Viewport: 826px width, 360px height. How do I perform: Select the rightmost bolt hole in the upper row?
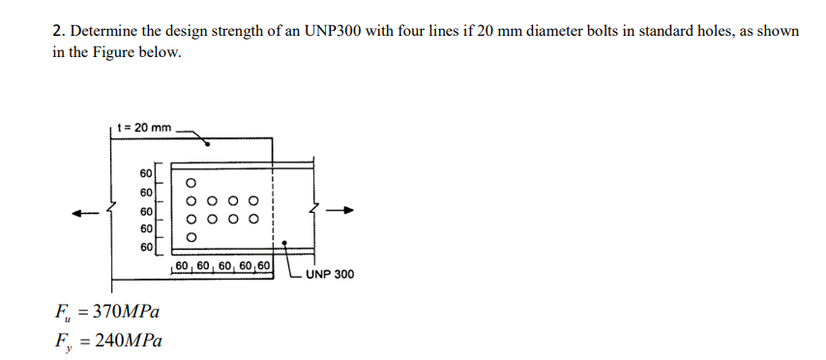click(x=254, y=200)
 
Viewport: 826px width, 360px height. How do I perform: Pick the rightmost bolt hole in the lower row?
click(x=254, y=219)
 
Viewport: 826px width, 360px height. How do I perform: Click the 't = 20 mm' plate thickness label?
click(x=143, y=127)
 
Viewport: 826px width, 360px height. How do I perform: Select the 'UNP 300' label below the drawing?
click(x=329, y=274)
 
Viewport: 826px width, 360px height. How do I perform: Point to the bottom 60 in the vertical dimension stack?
click(x=146, y=247)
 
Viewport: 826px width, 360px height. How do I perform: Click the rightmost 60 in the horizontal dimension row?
click(x=262, y=264)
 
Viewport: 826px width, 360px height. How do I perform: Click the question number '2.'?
click(x=57, y=31)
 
